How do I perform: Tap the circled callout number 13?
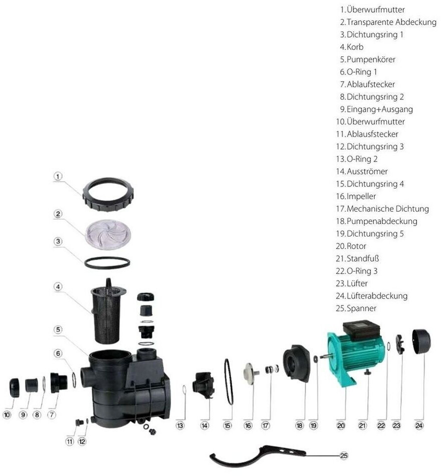[180, 425]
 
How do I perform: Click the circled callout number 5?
[58, 329]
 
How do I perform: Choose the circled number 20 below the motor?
[341, 425]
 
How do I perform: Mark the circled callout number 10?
[7, 415]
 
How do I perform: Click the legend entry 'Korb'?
[351, 47]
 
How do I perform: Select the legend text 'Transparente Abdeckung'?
[388, 22]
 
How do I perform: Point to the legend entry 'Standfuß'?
[357, 258]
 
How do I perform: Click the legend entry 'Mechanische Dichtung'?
[382, 209]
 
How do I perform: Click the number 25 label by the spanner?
[343, 455]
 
